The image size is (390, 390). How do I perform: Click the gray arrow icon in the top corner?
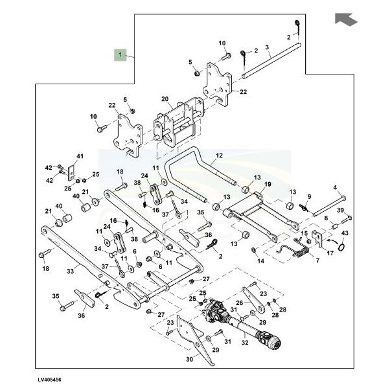(x=346, y=19)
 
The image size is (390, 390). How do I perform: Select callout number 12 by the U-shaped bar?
(x=219, y=155)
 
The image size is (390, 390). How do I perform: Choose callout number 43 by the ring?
(x=345, y=233)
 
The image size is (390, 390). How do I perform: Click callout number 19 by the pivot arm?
(x=267, y=184)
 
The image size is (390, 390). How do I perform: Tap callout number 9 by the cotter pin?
(x=308, y=197)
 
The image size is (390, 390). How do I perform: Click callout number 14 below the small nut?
(x=262, y=261)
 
